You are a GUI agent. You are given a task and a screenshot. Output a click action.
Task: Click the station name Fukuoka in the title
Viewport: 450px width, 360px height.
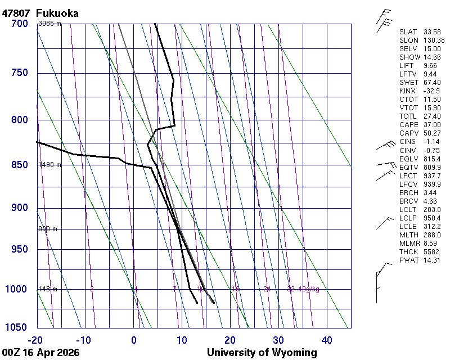point(57,13)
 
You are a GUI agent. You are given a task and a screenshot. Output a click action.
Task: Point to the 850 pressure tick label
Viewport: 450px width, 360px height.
point(19,165)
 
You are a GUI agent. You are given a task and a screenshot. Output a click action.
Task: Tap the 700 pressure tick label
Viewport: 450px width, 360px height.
point(19,24)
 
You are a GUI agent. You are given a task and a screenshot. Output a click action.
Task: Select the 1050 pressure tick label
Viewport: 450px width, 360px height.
point(17,328)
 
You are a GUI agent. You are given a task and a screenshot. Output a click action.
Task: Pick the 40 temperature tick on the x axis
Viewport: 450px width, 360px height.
point(326,340)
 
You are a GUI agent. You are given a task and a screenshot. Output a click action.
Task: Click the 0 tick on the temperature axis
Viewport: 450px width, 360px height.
point(134,340)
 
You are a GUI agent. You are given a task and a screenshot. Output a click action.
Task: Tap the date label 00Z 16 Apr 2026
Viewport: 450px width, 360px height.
point(40,353)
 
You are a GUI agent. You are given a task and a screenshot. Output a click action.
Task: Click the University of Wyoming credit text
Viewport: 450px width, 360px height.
point(262,353)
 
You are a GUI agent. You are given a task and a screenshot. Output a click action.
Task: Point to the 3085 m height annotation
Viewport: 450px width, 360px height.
point(49,24)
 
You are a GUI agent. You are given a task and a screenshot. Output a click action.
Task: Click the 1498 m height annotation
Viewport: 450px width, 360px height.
point(49,165)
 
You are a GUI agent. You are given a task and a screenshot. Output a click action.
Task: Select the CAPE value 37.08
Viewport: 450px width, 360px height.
point(432,124)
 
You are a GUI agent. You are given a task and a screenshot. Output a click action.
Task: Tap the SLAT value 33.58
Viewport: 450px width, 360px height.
point(432,31)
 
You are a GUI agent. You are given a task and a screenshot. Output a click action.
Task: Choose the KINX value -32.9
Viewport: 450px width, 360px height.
point(432,91)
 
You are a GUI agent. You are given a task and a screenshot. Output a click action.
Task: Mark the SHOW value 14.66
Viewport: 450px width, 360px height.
point(432,57)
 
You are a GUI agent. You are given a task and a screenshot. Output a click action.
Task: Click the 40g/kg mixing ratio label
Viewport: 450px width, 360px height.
point(308,289)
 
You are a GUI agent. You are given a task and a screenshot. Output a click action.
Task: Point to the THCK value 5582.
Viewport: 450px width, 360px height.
point(432,251)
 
